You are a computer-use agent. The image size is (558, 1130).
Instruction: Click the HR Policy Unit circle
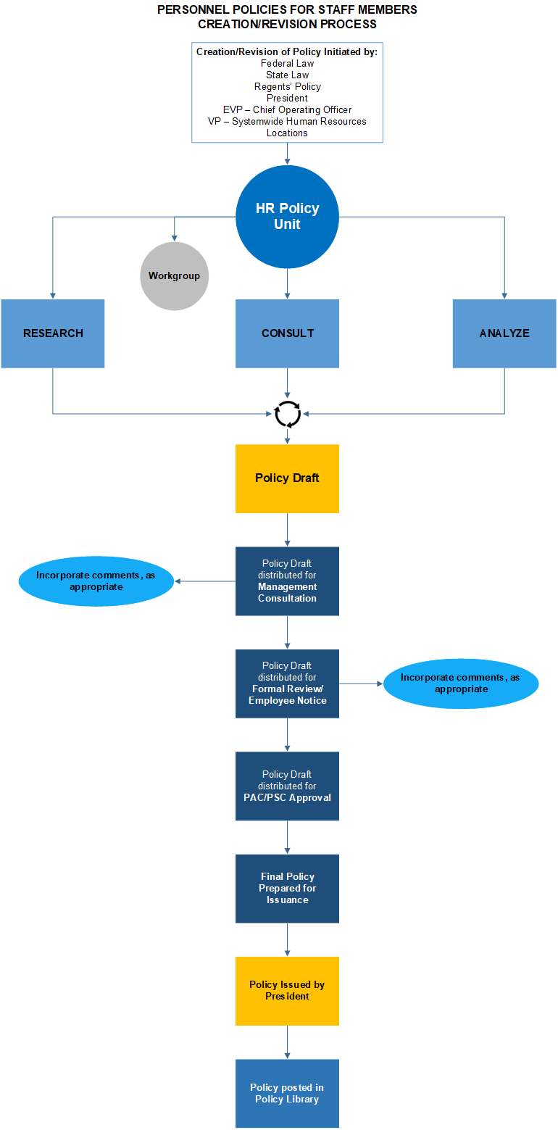287,217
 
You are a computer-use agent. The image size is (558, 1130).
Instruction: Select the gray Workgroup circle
174,276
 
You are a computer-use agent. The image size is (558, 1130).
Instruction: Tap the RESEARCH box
53,333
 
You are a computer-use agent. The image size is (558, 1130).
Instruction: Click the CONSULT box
287,333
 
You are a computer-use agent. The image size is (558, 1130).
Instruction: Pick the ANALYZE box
504,333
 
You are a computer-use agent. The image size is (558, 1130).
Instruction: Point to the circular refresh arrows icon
288,414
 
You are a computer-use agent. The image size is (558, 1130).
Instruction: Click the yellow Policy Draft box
287,478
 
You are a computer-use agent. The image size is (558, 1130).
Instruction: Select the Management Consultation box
287,581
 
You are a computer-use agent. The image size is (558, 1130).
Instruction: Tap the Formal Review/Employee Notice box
287,684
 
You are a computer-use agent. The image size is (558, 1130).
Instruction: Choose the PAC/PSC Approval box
287,786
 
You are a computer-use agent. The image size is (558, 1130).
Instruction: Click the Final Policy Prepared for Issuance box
287,888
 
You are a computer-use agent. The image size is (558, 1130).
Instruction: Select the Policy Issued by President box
287,991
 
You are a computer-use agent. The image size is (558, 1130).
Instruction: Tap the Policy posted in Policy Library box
287,1093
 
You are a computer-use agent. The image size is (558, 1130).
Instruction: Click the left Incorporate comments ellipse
96,581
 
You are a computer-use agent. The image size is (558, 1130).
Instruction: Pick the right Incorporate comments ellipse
461,684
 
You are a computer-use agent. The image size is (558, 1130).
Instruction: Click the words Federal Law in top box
287,64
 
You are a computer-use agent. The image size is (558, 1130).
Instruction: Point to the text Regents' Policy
287,87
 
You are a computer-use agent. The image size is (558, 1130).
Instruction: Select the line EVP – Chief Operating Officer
287,110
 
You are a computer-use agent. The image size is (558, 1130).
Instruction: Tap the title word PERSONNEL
191,10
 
